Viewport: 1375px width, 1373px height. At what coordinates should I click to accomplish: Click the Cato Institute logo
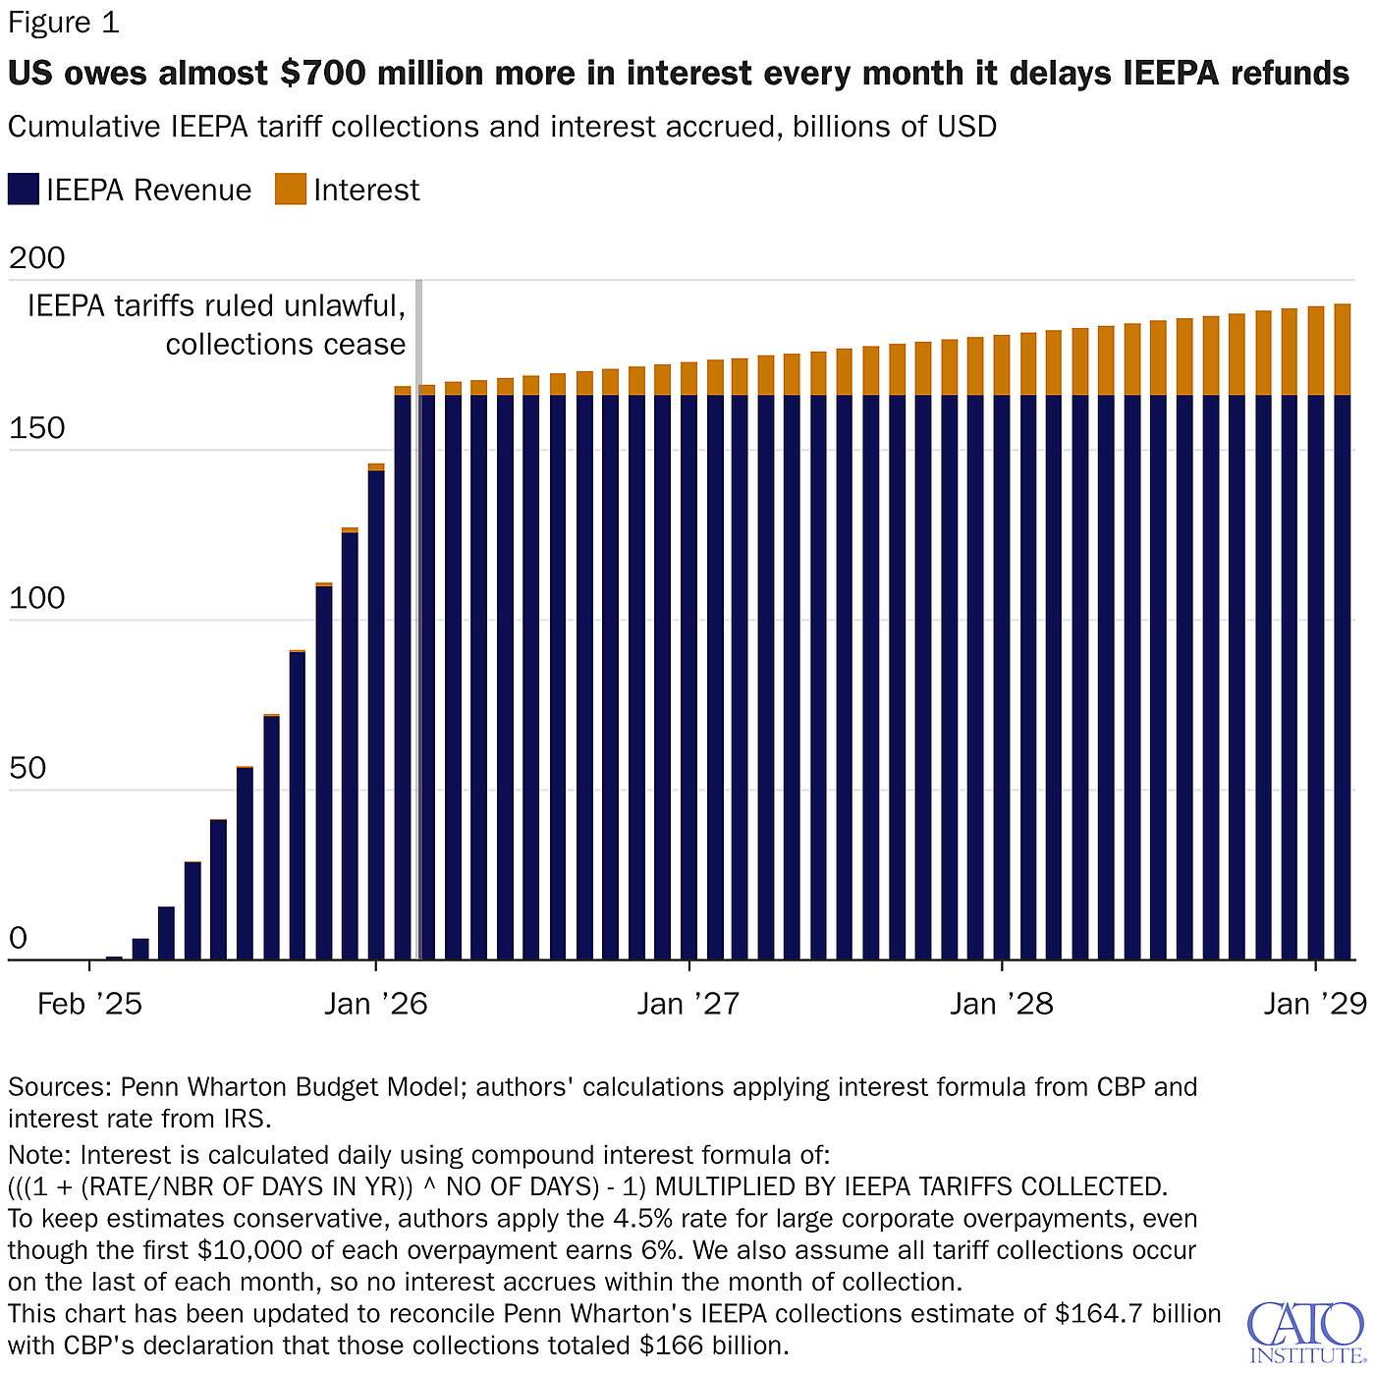click(1304, 1332)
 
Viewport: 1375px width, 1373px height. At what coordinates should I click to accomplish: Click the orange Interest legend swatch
click(290, 190)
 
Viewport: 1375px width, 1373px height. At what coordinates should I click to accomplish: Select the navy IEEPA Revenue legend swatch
click(24, 190)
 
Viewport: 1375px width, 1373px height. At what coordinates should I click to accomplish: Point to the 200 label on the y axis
click(37, 258)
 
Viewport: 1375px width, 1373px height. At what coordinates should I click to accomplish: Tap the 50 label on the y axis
click(27, 768)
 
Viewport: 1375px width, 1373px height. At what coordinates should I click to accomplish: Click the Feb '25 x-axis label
click(89, 1004)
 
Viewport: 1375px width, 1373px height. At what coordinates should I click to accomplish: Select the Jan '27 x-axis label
click(688, 1004)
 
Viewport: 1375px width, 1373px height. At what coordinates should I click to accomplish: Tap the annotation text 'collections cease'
click(285, 345)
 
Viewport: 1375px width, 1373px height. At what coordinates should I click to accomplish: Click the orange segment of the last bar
click(1342, 350)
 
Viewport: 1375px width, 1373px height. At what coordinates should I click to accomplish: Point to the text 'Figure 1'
click(64, 23)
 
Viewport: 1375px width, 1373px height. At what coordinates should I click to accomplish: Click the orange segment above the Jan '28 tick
click(1002, 365)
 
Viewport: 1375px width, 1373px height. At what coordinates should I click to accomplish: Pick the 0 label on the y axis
click(18, 939)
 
